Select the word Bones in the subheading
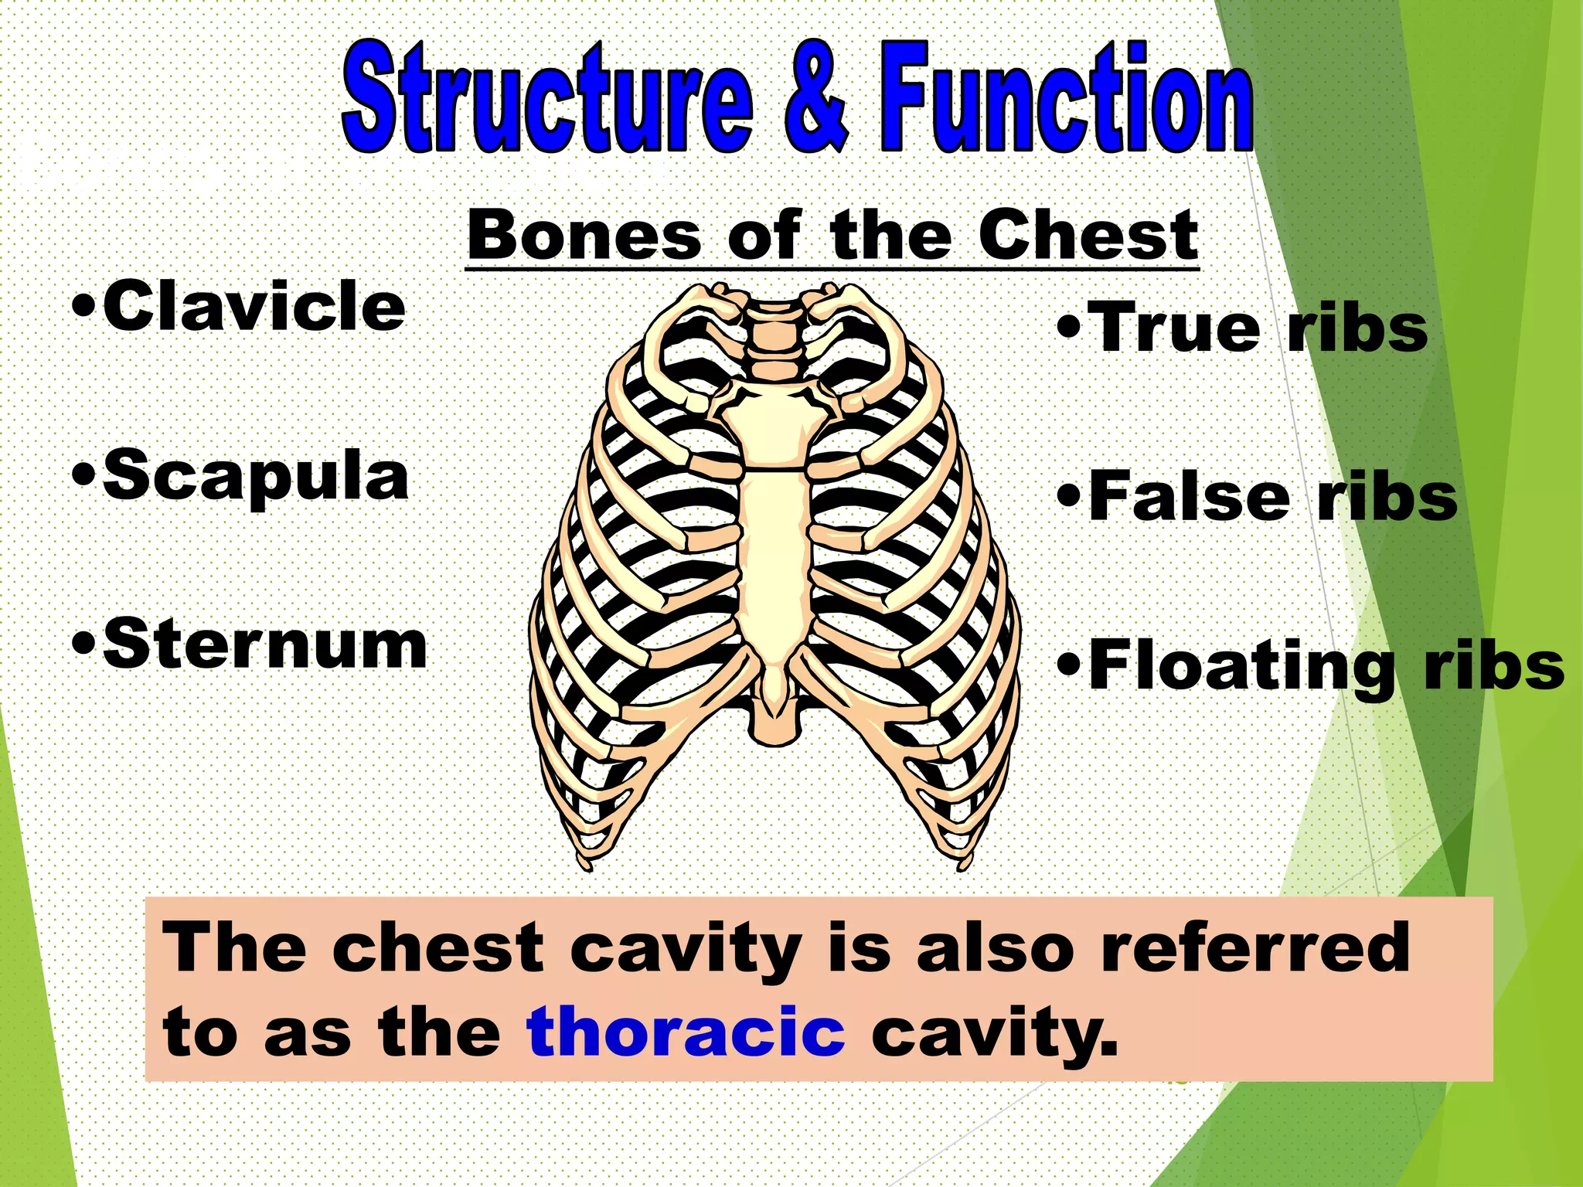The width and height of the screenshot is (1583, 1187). click(584, 235)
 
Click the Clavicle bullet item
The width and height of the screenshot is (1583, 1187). click(240, 308)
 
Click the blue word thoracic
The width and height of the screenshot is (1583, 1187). click(686, 1031)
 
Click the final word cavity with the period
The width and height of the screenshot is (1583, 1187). click(994, 1032)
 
